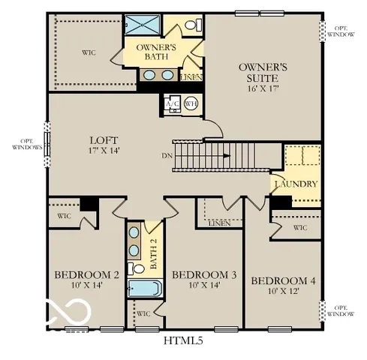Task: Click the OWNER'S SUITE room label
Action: (259, 72)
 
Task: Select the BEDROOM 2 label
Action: (86, 274)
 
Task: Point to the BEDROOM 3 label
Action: (204, 275)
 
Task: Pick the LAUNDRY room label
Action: (296, 184)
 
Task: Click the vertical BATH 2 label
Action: (152, 253)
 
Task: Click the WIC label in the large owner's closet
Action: (88, 52)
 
